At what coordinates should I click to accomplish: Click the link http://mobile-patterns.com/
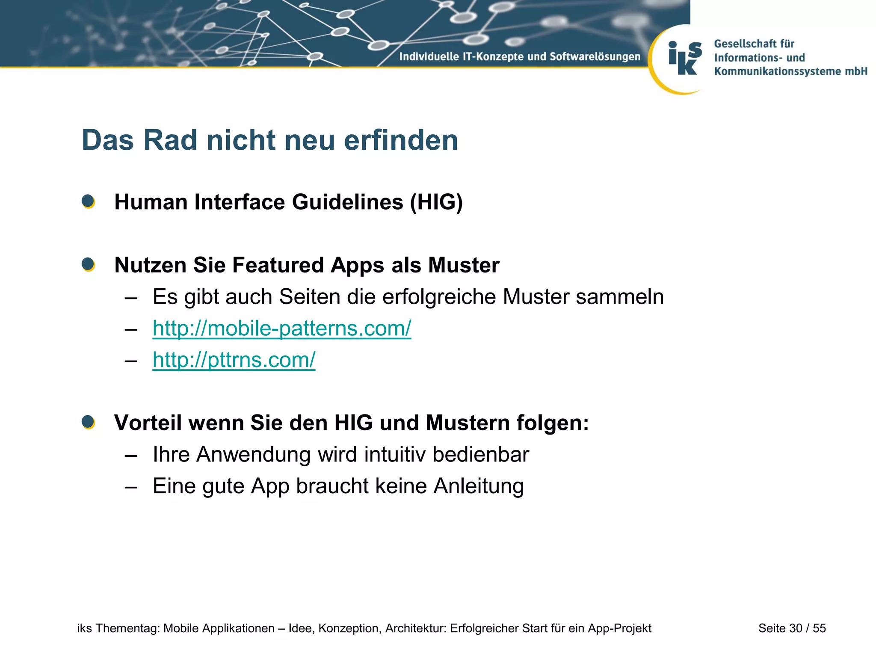(281, 328)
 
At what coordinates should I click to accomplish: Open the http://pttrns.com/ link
(234, 360)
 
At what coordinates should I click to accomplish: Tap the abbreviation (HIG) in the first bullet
(436, 202)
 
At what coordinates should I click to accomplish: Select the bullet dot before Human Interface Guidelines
(88, 201)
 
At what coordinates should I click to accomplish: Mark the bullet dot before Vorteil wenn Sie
(88, 422)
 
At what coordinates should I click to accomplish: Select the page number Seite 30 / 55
(792, 628)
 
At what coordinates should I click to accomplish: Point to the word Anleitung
(478, 486)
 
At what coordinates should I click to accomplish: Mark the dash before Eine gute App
(131, 486)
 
